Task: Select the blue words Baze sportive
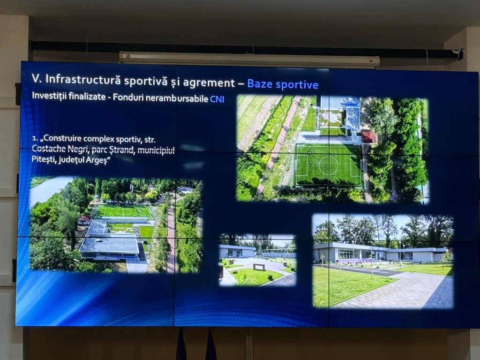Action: pyautogui.click(x=283, y=84)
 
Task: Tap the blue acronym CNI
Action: pyautogui.click(x=217, y=99)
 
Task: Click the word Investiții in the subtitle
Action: pyautogui.click(x=50, y=96)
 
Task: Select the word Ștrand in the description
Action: pyautogui.click(x=120, y=150)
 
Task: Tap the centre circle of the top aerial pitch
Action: pyautogui.click(x=328, y=165)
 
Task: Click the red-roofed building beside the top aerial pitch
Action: pyautogui.click(x=368, y=137)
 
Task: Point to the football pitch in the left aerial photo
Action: pyautogui.click(x=123, y=211)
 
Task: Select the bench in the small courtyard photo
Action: pyautogui.click(x=259, y=267)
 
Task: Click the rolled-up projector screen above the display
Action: pyautogui.click(x=249, y=59)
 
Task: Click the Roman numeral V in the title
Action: pyautogui.click(x=36, y=78)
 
